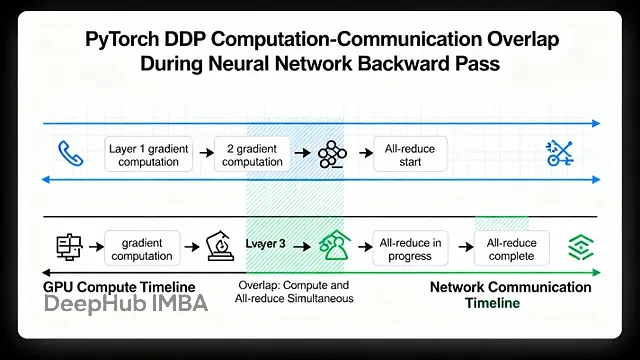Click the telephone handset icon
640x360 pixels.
point(70,153)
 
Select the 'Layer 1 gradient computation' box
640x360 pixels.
point(149,155)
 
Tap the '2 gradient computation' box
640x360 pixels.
point(252,155)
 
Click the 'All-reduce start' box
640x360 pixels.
point(410,155)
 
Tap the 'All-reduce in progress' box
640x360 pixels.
point(410,249)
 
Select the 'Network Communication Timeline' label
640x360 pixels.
point(510,295)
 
